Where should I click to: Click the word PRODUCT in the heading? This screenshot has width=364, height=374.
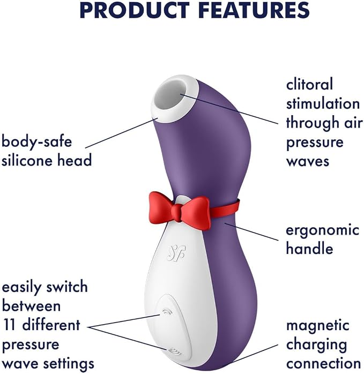[x=132, y=10]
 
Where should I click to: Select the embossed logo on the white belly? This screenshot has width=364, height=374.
[x=176, y=252]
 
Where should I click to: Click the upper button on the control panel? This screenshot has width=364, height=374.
[x=165, y=313]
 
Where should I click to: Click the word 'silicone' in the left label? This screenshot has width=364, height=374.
[x=24, y=160]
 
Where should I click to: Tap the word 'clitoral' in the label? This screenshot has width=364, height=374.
[x=309, y=84]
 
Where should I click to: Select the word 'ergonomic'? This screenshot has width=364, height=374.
[x=323, y=231]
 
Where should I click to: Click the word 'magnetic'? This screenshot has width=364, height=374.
[x=317, y=326]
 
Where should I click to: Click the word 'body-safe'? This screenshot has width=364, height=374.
[x=36, y=141]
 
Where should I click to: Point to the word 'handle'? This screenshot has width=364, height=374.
[x=309, y=248]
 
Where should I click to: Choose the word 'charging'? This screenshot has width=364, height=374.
[x=316, y=346]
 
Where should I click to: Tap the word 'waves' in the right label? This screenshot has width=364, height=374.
[x=308, y=162]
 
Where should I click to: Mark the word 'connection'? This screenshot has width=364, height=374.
[x=323, y=364]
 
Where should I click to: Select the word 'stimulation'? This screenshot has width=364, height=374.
[x=323, y=103]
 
